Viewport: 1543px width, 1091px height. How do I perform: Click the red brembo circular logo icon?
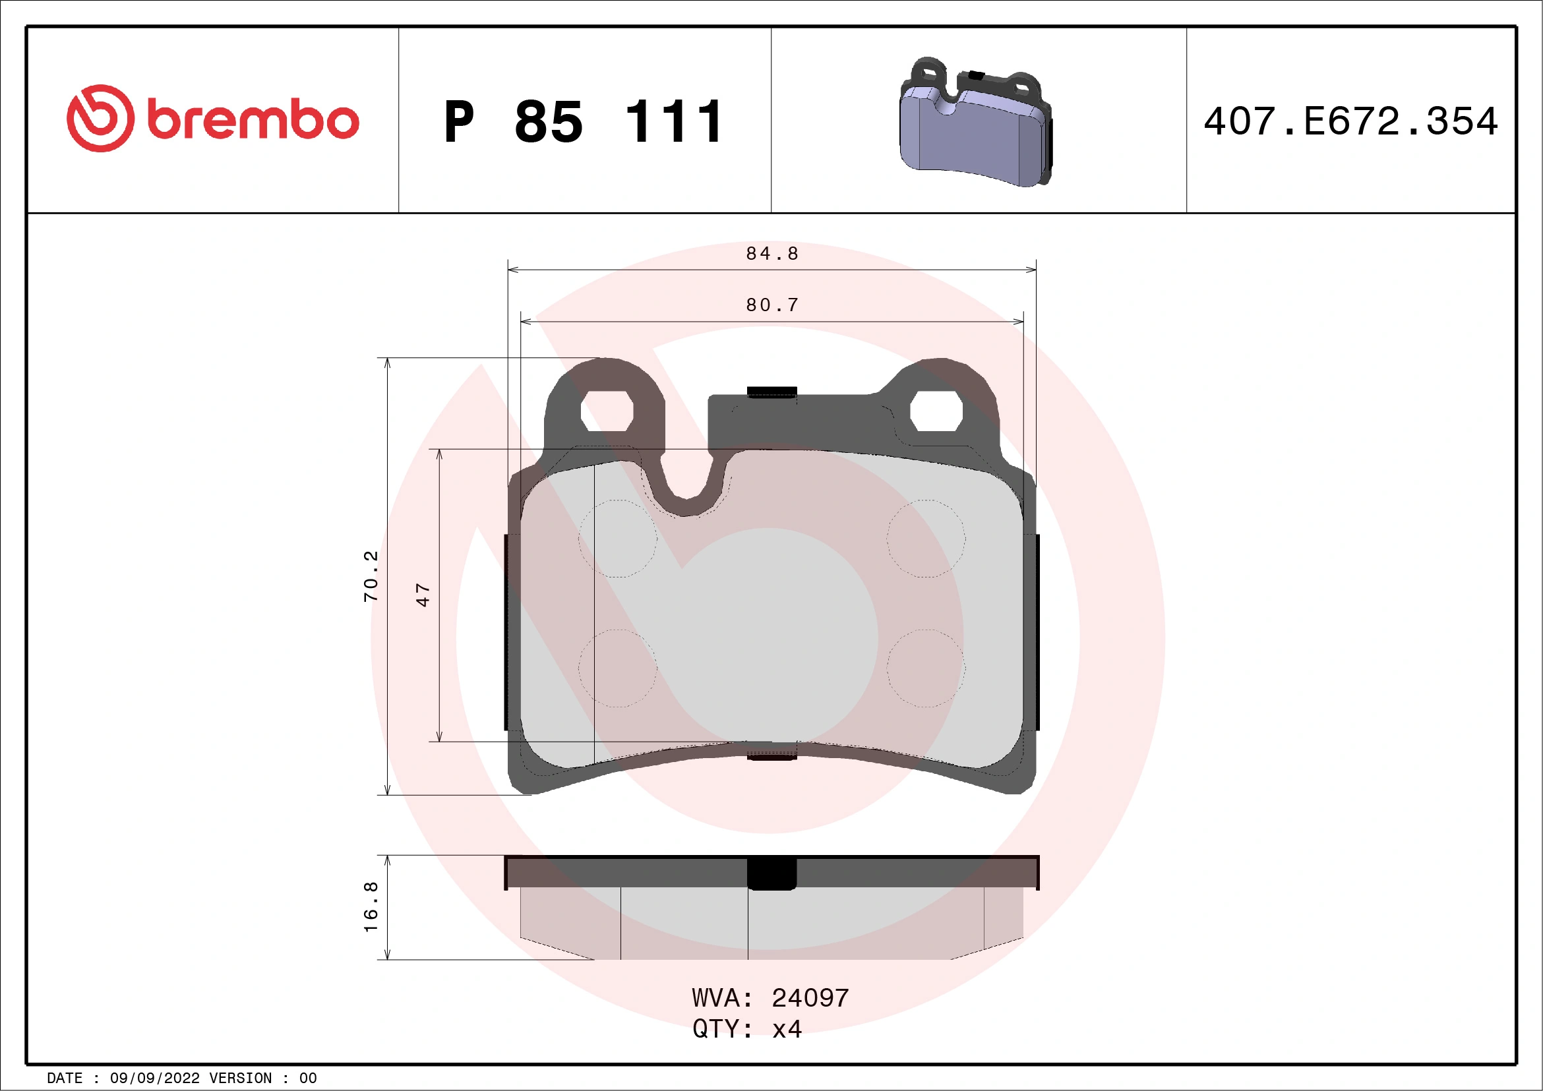[x=100, y=118]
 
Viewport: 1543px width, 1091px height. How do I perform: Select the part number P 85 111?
[x=584, y=122]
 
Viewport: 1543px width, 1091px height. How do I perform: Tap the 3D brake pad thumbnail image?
[x=976, y=122]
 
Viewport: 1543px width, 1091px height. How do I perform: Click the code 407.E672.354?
[x=1351, y=121]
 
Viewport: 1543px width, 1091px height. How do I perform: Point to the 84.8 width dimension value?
[x=772, y=253]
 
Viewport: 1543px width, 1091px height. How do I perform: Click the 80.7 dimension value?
[x=772, y=305]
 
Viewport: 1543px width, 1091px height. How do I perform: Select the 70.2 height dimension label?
[x=371, y=575]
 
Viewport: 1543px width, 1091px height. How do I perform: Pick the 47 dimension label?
[x=423, y=595]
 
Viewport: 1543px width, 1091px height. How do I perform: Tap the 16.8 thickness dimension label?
[x=371, y=907]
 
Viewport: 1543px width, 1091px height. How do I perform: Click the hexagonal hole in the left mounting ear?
[x=606, y=411]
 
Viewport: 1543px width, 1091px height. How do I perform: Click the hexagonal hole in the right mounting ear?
[x=936, y=411]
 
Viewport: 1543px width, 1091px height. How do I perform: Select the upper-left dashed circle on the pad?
[x=618, y=538]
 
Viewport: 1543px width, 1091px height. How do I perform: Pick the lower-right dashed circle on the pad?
[x=926, y=668]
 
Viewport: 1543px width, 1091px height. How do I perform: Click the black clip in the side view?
[x=771, y=873]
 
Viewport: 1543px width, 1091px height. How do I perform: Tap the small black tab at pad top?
[x=771, y=391]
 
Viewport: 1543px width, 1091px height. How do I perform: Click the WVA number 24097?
[x=810, y=998]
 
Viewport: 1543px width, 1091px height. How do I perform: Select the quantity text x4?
[x=787, y=1029]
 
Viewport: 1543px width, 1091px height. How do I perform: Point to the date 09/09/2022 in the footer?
[x=154, y=1078]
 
